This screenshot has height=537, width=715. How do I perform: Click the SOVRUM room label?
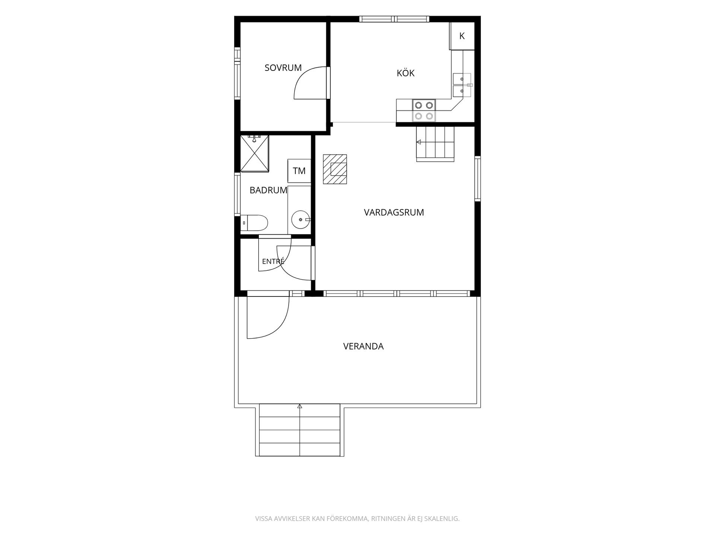click(x=283, y=68)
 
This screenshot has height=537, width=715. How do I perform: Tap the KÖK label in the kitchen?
click(x=406, y=73)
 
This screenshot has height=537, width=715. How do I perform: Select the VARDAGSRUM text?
click(x=394, y=213)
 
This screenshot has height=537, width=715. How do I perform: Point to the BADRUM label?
click(x=268, y=190)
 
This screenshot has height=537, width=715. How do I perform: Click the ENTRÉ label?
click(x=273, y=261)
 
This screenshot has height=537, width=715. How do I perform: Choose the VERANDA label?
click(x=363, y=346)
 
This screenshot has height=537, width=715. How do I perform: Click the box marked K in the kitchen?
click(x=462, y=36)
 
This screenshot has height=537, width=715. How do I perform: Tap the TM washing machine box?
click(x=299, y=171)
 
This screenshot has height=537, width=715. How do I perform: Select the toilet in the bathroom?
click(x=254, y=223)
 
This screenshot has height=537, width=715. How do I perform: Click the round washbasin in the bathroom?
click(x=301, y=220)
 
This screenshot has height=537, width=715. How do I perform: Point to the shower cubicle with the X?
click(x=254, y=153)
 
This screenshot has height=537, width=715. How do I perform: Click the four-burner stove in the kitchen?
click(x=424, y=110)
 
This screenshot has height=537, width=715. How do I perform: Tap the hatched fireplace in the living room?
click(x=335, y=169)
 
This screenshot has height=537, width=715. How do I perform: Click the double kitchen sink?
click(x=462, y=85)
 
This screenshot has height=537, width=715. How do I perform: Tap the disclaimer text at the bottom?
click(x=357, y=519)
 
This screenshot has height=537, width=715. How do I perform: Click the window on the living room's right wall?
click(x=477, y=179)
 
